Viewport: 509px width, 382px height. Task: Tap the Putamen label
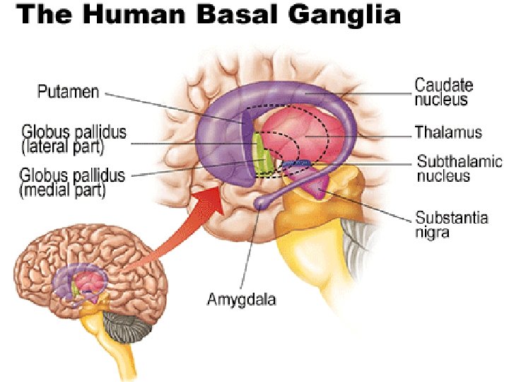pyautogui.click(x=67, y=91)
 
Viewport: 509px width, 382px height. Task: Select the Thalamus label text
pyautogui.click(x=448, y=132)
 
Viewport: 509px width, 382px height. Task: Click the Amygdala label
pyautogui.click(x=241, y=299)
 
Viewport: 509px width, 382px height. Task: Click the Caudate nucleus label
pyautogui.click(x=443, y=93)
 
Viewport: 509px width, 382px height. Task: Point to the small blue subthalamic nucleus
pyautogui.click(x=296, y=164)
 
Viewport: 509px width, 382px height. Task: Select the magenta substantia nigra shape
pyautogui.click(x=319, y=185)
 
